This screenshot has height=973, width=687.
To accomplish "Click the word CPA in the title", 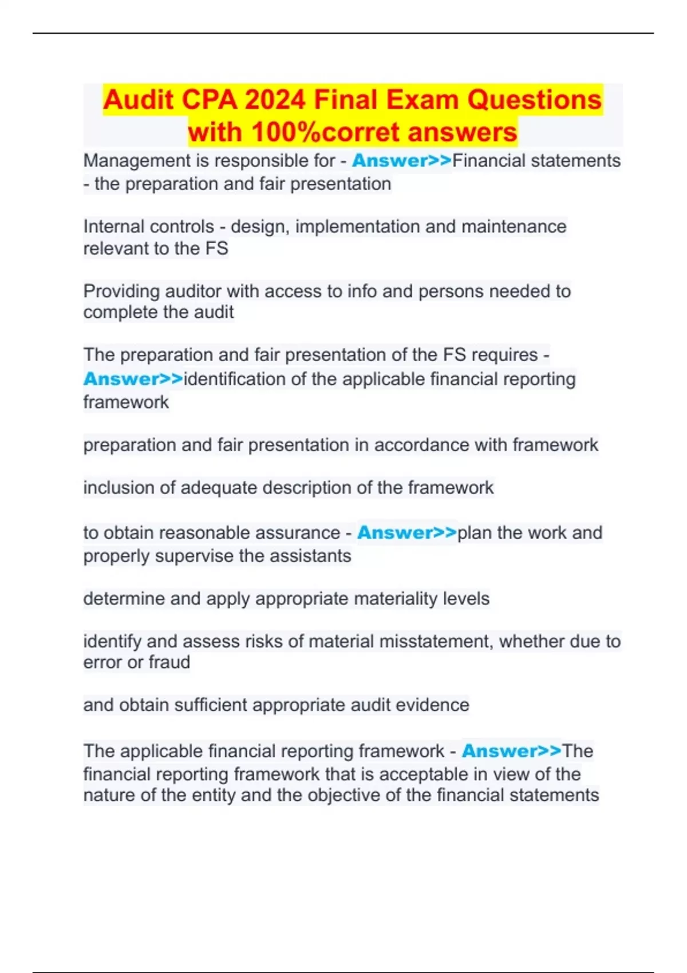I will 209,100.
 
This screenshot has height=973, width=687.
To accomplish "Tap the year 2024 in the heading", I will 275,100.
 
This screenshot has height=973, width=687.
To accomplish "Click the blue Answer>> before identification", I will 133,379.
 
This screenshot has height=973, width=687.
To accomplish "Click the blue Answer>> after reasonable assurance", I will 407,533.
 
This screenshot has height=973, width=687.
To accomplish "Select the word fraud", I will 169,662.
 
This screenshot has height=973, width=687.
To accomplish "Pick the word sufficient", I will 210,705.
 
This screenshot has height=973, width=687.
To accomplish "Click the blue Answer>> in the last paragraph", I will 511,751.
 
